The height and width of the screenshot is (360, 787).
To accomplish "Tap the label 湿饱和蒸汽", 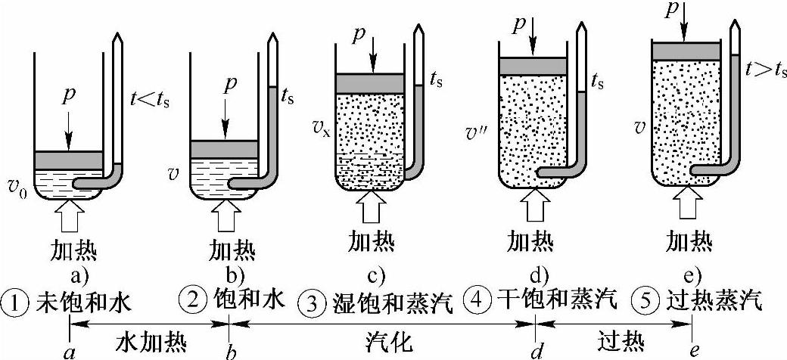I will coord(391,303).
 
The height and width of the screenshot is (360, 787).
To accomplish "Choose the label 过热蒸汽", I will coord(715,302).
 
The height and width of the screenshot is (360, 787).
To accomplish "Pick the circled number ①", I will coord(17,303).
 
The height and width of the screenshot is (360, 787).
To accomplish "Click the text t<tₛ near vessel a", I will coord(151,99).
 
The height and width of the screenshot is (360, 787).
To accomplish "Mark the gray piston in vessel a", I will coord(69,160).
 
